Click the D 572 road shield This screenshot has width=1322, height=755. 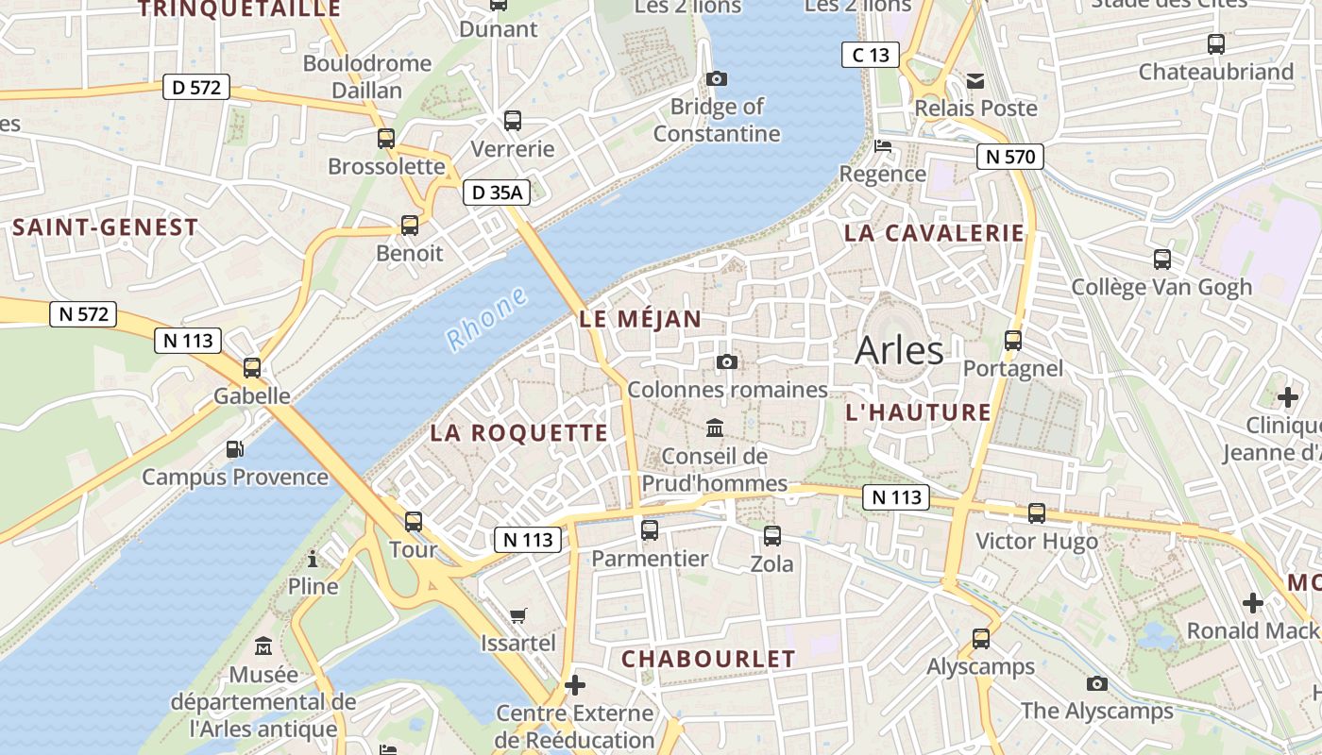click(x=196, y=88)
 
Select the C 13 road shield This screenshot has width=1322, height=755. click(x=870, y=55)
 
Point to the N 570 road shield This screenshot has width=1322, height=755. click(x=1009, y=157)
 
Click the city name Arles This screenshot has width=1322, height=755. click(x=899, y=350)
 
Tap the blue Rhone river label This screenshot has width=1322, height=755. click(x=486, y=319)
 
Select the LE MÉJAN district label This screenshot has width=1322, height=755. click(x=640, y=319)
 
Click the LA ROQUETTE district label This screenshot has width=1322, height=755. click(x=518, y=433)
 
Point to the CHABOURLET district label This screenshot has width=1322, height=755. click(x=708, y=659)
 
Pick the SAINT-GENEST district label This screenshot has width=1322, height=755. click(x=105, y=227)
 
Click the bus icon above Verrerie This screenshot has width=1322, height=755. click(x=513, y=121)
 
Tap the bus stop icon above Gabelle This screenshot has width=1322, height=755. click(x=252, y=368)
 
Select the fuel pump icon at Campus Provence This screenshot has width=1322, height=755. click(x=234, y=449)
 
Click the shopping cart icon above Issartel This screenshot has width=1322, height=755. click(x=517, y=616)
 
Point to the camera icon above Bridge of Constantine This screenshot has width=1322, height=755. click(x=717, y=78)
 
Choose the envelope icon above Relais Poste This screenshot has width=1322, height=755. click(x=975, y=81)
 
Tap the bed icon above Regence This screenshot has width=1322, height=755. click(x=883, y=146)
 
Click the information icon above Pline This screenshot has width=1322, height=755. click(x=313, y=559)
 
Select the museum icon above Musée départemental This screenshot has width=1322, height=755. click(x=263, y=647)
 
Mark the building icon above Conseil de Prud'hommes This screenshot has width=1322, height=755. click(x=715, y=428)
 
